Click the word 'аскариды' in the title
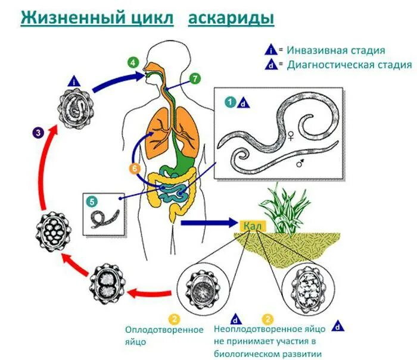[x=231, y=18]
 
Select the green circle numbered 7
[x=195, y=79]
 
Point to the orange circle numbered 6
[x=135, y=168]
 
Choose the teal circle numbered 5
[x=92, y=201]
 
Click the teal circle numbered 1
[x=229, y=102]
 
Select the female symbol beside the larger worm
[x=291, y=135]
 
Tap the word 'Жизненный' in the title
[x=66, y=18]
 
